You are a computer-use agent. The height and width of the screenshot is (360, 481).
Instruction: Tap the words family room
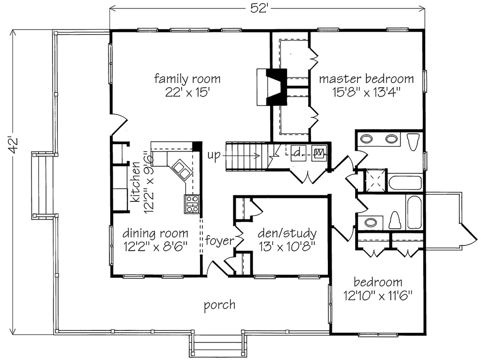187,78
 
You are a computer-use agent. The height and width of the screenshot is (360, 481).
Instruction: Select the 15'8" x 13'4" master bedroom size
366,91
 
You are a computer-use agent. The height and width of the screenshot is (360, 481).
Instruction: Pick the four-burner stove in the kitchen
192,205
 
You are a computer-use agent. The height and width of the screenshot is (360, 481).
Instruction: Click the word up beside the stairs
214,155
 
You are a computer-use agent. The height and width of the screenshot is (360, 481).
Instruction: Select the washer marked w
319,153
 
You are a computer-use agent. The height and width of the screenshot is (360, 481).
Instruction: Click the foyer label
219,241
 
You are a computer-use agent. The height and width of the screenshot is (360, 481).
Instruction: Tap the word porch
219,305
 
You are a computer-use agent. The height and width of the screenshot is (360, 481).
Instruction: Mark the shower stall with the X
376,181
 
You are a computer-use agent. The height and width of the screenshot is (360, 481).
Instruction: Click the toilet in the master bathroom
413,141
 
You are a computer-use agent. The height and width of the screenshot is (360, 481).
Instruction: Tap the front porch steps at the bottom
217,348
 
